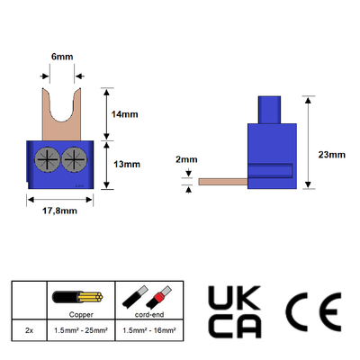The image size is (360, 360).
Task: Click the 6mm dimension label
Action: click(x=62, y=57)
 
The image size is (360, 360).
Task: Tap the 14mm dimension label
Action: click(x=124, y=114)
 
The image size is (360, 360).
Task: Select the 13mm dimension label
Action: click(x=127, y=165)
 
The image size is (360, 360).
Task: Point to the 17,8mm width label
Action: click(x=59, y=211)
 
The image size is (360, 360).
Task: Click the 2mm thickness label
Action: click(x=186, y=159)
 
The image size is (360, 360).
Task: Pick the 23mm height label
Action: click(x=332, y=155)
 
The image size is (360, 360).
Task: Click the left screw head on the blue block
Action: click(x=48, y=159)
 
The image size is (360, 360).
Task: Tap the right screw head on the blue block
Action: click(x=75, y=159)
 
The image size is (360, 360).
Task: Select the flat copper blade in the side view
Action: click(x=223, y=182)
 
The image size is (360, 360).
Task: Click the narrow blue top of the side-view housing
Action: click(x=269, y=110)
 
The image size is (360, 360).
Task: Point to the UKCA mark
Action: click(x=235, y=312)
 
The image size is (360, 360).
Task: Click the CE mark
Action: click(x=313, y=312)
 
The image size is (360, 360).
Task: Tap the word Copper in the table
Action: click(x=81, y=314)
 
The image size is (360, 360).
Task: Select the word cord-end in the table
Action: click(x=149, y=314)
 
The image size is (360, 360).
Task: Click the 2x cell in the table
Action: click(x=29, y=330)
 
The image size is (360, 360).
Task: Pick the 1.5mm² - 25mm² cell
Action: click(x=81, y=330)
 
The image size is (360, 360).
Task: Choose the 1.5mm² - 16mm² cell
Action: click(x=149, y=330)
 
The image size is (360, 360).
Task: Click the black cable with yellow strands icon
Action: click(x=77, y=297)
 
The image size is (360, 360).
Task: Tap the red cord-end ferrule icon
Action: click(x=159, y=297)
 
